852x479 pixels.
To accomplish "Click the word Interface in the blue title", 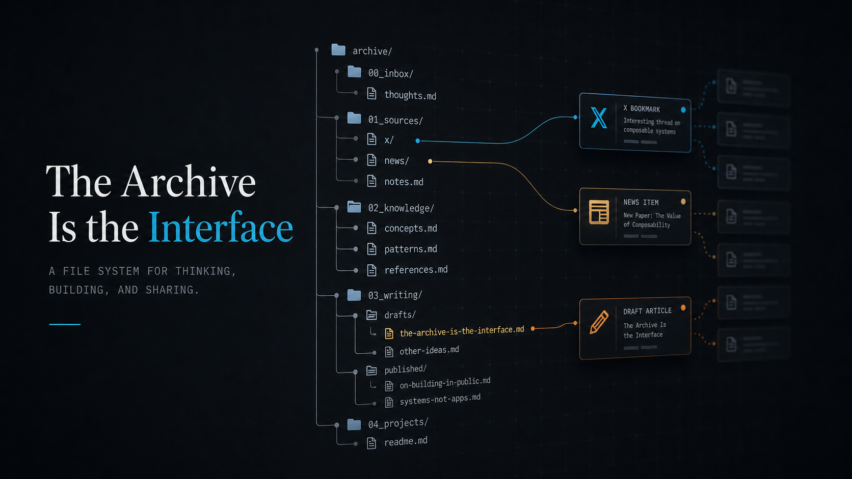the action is click(x=221, y=227).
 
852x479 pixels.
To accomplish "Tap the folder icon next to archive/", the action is click(x=338, y=50).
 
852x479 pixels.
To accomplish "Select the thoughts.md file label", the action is click(x=410, y=95).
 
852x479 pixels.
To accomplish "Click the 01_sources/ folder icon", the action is click(x=354, y=118).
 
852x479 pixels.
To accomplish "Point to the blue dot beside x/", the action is click(x=418, y=141).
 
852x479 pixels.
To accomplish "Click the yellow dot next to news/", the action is click(x=430, y=161).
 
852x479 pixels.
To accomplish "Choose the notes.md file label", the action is click(x=404, y=182).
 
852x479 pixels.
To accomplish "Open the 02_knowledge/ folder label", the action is click(x=401, y=208).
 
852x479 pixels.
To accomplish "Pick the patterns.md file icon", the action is click(x=371, y=249).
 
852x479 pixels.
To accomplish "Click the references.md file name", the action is click(x=416, y=270).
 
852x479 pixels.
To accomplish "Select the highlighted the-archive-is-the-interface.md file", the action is click(x=462, y=331).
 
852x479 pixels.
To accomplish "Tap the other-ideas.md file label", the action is click(x=429, y=350).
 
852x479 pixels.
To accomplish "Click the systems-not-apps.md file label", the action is click(x=440, y=400).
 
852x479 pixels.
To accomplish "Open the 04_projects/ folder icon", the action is click(x=354, y=425).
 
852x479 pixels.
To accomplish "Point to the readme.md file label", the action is click(x=406, y=441).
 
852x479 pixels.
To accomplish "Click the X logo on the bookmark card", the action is click(x=599, y=118).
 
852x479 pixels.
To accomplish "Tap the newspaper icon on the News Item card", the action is click(x=599, y=212).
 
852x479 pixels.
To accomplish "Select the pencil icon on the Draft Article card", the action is click(x=599, y=322).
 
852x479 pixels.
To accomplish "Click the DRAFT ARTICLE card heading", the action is click(x=647, y=311).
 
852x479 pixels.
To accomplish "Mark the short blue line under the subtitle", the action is click(x=65, y=324).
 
